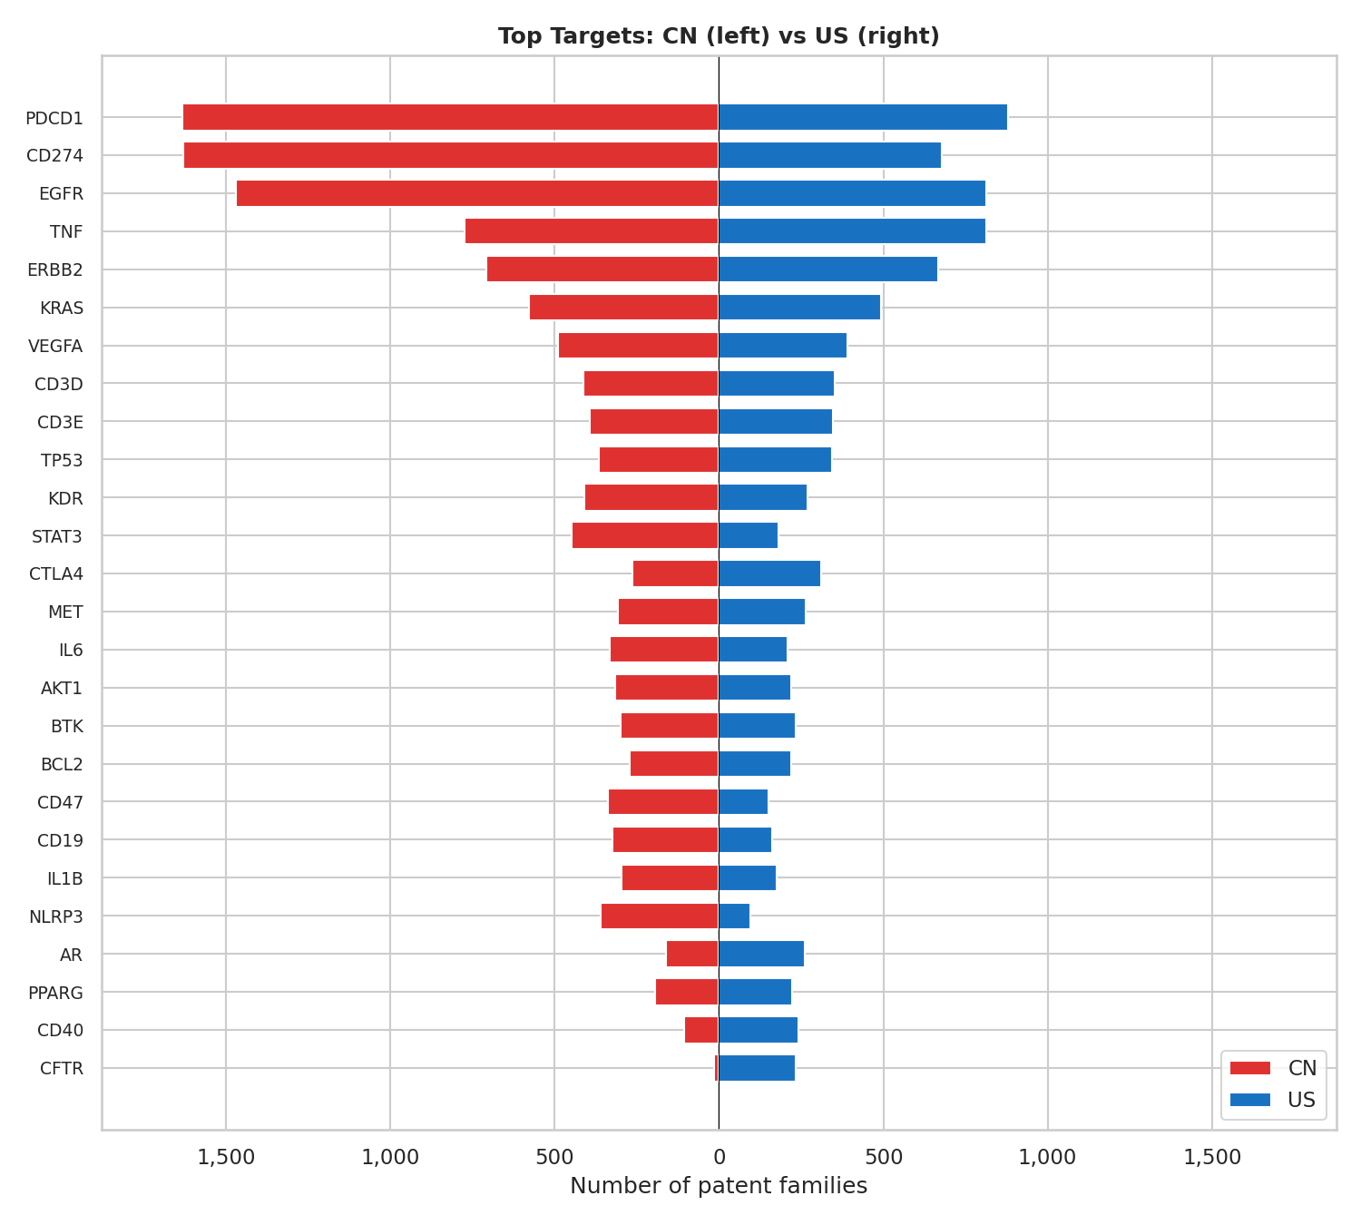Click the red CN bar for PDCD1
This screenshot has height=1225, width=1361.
(450, 118)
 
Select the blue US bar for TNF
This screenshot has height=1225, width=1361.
(852, 231)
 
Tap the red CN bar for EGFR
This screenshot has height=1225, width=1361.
(477, 193)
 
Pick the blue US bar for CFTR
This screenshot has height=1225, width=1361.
(757, 1068)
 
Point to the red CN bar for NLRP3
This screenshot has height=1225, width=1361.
(660, 916)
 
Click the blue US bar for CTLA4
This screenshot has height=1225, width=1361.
(769, 573)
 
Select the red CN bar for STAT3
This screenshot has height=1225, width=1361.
(645, 536)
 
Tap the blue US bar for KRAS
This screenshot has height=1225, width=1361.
(799, 308)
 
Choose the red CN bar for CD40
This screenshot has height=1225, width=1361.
(701, 1031)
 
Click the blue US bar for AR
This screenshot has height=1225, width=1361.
(761, 955)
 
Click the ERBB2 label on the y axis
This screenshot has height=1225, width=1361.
(55, 269)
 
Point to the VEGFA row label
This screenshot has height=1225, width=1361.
(55, 346)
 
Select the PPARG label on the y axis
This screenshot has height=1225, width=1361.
(55, 993)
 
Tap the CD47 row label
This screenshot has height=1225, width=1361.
(60, 802)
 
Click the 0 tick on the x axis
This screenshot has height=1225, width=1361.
(719, 1157)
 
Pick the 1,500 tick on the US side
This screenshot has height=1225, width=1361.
(1212, 1157)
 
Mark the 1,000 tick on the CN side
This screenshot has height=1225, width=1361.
(390, 1157)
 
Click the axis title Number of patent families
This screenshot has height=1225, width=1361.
(719, 1186)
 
